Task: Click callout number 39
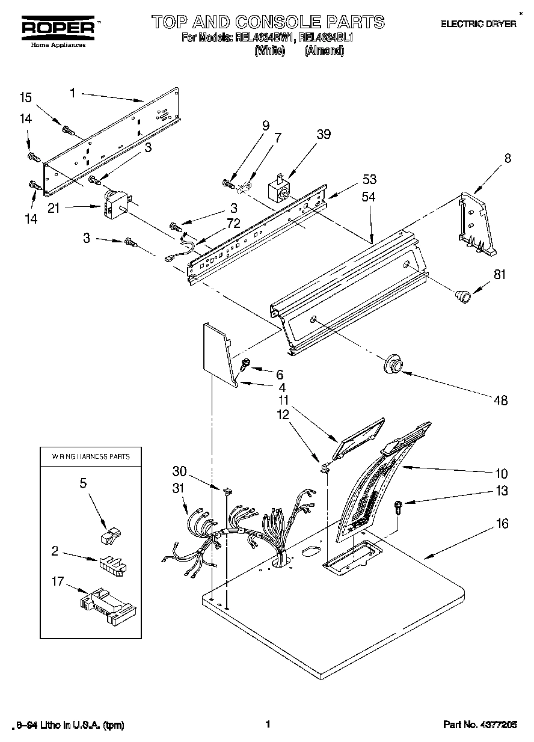click(324, 134)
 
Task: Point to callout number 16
click(502, 524)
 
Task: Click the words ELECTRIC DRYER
click(479, 24)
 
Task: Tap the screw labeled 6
click(246, 363)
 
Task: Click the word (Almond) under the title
click(324, 51)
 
